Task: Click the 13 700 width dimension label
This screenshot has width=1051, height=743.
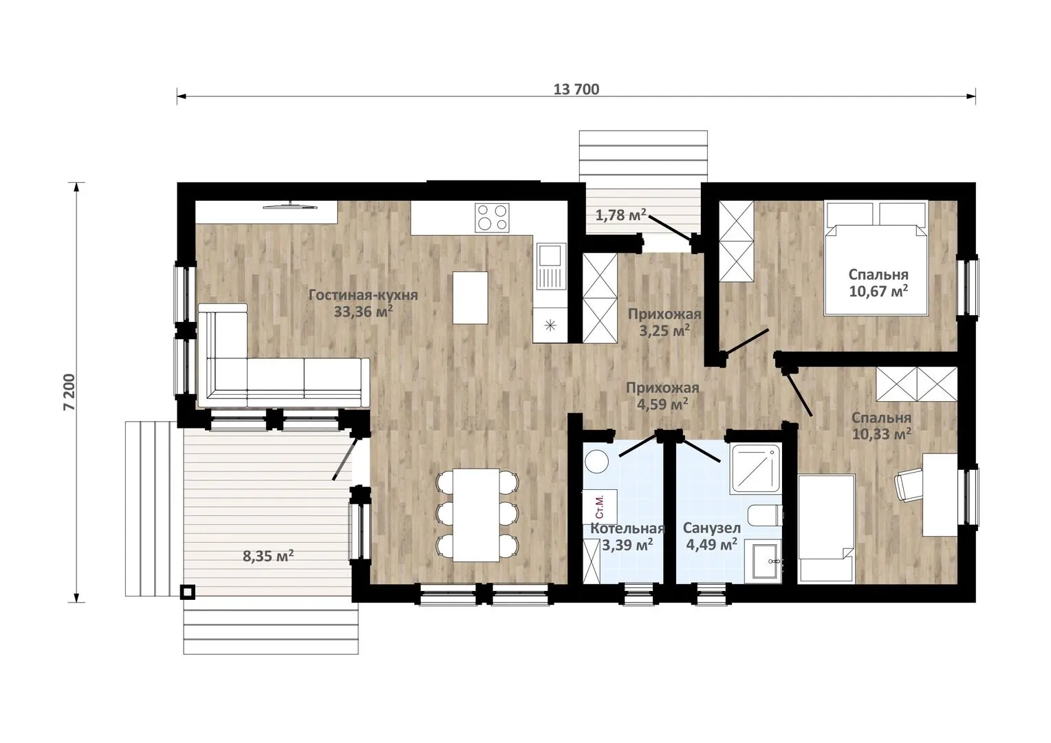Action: pyautogui.click(x=576, y=89)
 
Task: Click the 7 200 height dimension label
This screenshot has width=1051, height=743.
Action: pyautogui.click(x=69, y=392)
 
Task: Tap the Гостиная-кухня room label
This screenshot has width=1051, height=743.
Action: pyautogui.click(x=363, y=295)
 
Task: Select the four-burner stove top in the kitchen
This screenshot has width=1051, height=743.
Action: pyautogui.click(x=492, y=217)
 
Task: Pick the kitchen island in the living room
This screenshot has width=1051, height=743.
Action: pyautogui.click(x=470, y=298)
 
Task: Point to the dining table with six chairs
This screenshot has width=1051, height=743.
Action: pyautogui.click(x=476, y=515)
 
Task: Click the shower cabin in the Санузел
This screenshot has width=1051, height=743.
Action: pyautogui.click(x=756, y=468)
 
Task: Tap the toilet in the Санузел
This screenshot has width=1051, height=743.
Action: pyautogui.click(x=765, y=516)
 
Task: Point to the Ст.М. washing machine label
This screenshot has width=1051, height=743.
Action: pyautogui.click(x=599, y=506)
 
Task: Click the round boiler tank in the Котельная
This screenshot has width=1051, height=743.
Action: pyautogui.click(x=597, y=462)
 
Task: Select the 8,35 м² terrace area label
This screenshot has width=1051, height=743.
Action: pyautogui.click(x=268, y=556)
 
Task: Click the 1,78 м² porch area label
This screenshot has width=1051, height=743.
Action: pyautogui.click(x=620, y=215)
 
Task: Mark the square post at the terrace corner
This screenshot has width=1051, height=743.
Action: pyautogui.click(x=188, y=592)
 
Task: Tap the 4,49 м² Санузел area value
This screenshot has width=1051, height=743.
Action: pyautogui.click(x=711, y=544)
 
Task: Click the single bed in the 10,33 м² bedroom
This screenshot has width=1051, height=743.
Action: pyautogui.click(x=826, y=529)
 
